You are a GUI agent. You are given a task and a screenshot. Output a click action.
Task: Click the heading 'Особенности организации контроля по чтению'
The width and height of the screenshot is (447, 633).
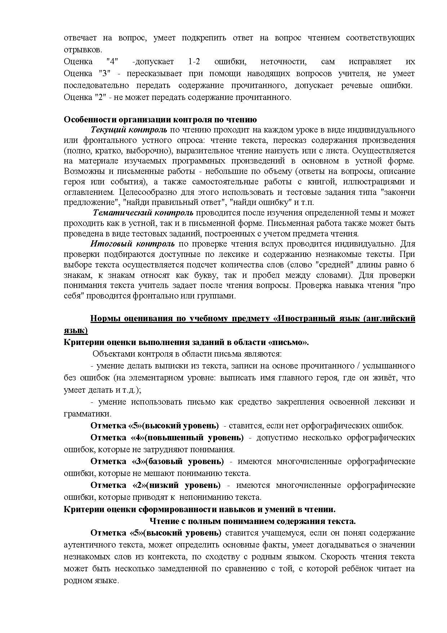(x=160, y=120)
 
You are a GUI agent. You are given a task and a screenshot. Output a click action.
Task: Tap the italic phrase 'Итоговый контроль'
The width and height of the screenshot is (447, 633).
(x=132, y=244)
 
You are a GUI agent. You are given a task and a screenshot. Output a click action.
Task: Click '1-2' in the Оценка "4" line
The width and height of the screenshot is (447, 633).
(x=194, y=62)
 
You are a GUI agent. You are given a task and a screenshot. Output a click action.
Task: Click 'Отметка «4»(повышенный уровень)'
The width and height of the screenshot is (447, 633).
(x=167, y=438)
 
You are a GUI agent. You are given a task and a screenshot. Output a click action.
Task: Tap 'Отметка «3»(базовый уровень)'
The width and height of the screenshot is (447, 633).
(x=157, y=462)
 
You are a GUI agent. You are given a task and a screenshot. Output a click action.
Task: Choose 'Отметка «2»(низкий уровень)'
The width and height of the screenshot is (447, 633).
(x=155, y=485)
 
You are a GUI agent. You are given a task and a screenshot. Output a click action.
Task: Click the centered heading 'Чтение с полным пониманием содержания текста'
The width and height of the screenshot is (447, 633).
(x=252, y=521)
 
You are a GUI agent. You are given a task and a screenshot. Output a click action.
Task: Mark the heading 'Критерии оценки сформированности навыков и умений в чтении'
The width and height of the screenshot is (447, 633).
(x=199, y=509)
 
